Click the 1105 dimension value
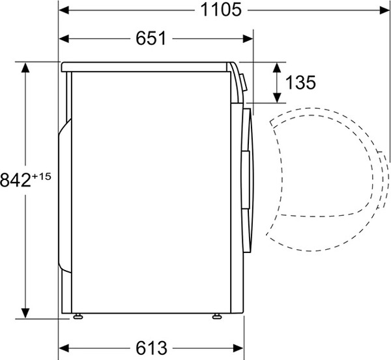221,10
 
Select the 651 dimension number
151,38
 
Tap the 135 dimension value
300,82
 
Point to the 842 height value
16,180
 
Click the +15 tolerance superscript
42,177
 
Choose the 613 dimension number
151,348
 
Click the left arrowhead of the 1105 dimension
64,10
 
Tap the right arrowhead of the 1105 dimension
384,10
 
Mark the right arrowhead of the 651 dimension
248,38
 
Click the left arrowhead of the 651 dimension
64,38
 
